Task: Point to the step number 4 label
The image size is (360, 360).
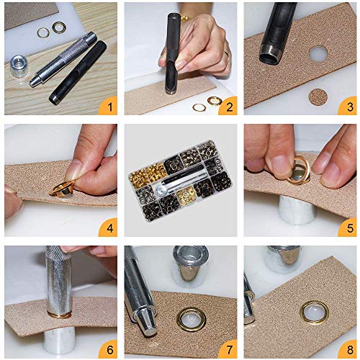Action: [x=110, y=229]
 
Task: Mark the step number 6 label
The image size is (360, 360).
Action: [x=110, y=350]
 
